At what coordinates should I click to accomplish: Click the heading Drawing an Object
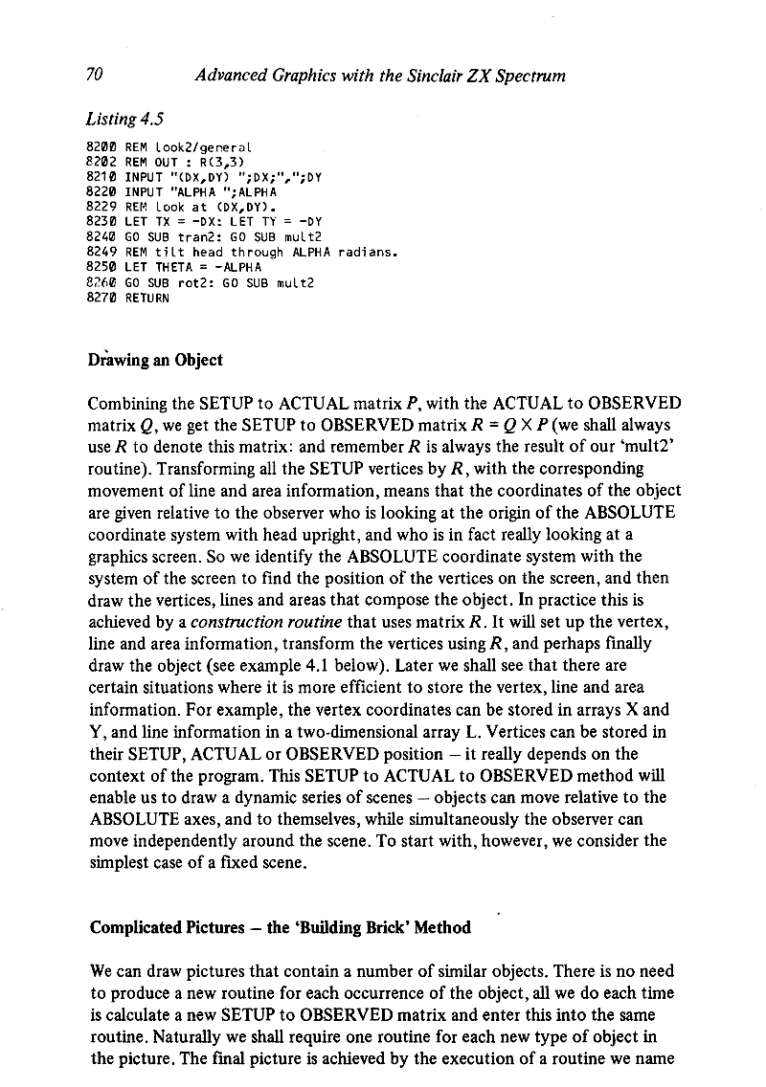(x=156, y=361)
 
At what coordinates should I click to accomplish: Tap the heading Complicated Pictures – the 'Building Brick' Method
(x=280, y=927)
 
